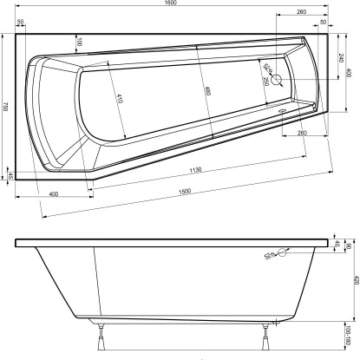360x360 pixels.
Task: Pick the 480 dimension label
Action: pos(206,90)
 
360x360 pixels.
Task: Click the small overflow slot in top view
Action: pos(280,111)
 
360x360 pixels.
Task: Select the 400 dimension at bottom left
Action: pos(54,193)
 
